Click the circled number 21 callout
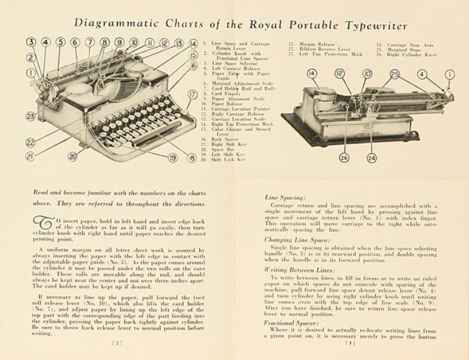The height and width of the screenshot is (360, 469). click(30, 156)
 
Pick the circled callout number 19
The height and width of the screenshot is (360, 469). click(173, 158)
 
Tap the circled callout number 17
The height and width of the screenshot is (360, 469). click(192, 94)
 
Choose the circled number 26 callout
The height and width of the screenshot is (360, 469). click(343, 158)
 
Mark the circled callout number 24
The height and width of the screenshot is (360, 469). click(371, 158)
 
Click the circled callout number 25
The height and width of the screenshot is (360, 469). click(395, 74)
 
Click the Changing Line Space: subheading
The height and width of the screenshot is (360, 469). click(294, 240)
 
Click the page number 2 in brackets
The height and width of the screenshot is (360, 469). click(116, 341)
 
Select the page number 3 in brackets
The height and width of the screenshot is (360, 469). click(350, 341)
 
